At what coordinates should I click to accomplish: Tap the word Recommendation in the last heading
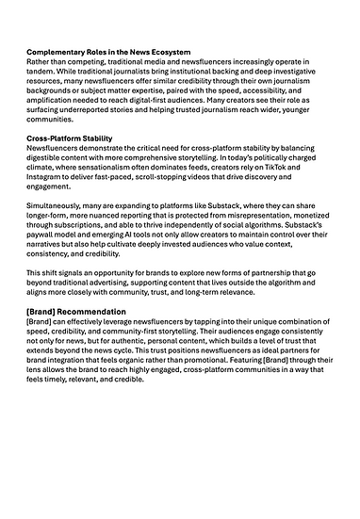point(92,311)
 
